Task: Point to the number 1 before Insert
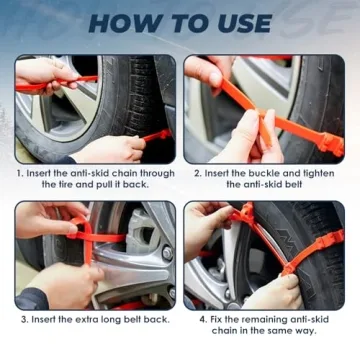21,171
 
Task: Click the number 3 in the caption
23,319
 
